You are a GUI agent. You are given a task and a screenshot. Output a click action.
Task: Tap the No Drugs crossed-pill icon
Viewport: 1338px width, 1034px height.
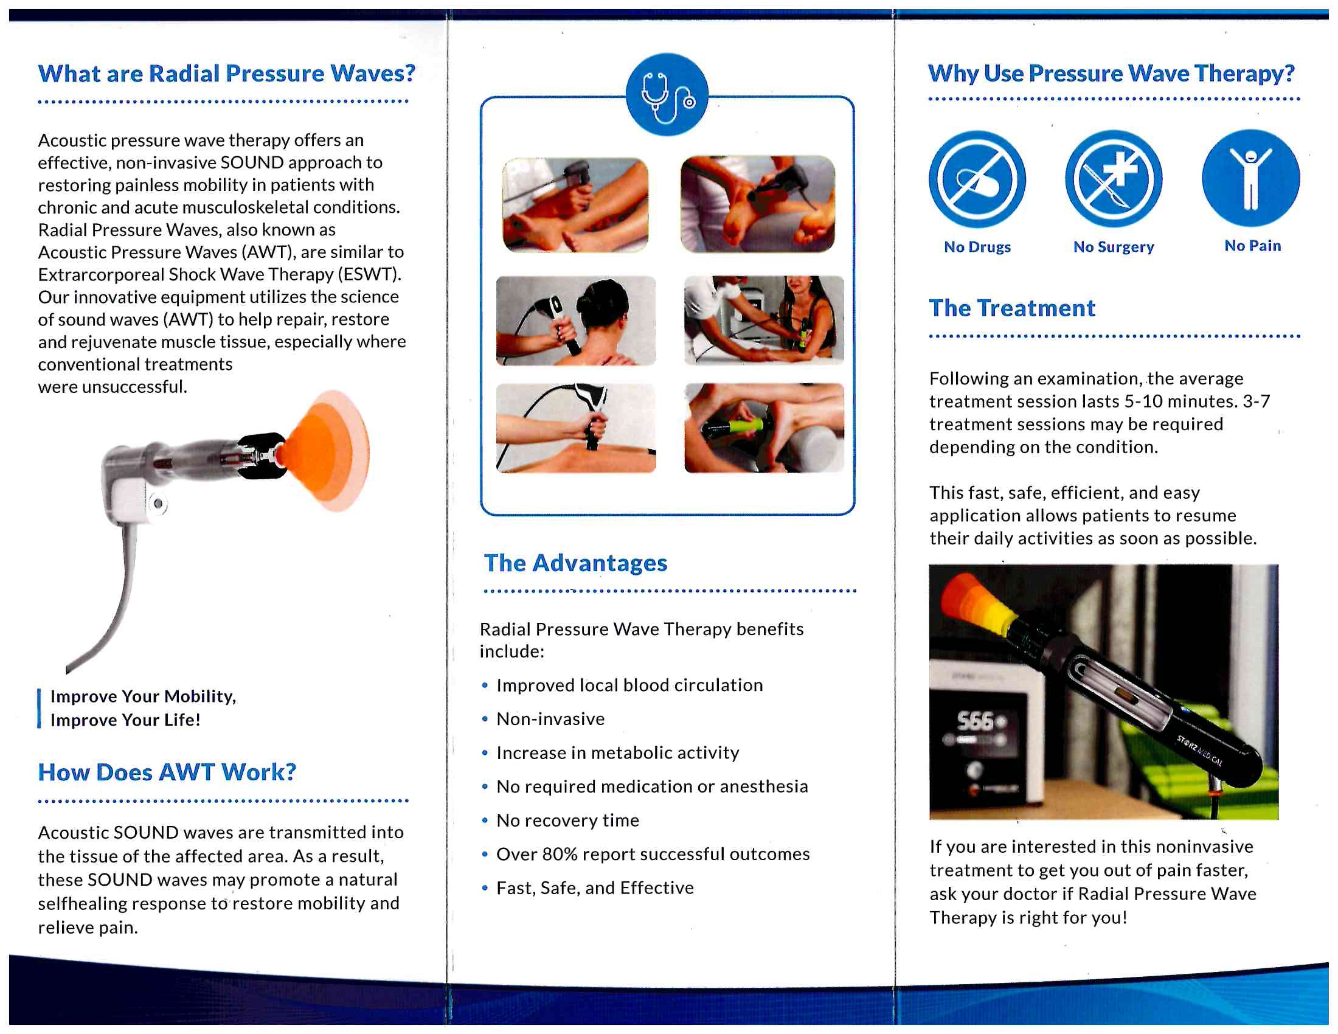[x=977, y=179]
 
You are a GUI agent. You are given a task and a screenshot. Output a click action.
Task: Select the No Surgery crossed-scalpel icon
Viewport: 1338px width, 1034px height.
[x=1112, y=179]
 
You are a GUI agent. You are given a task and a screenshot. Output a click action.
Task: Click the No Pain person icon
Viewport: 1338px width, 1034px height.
[x=1250, y=178]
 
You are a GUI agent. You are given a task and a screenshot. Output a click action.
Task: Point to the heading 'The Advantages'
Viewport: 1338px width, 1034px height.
[x=575, y=563]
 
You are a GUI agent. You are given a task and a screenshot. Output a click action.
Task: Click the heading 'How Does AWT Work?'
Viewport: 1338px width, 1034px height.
[x=167, y=772]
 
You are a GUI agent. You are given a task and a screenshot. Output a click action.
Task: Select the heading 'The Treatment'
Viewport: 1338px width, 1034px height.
[x=1011, y=308]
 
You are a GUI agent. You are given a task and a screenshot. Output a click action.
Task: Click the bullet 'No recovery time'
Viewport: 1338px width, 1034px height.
[x=567, y=821]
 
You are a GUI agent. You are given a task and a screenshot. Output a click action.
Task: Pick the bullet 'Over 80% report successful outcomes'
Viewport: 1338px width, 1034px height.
[x=653, y=854]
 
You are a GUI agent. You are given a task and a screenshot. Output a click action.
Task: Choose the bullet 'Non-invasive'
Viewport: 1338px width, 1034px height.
[x=550, y=718]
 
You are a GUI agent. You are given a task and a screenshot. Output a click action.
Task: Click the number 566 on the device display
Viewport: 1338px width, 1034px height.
[x=975, y=721]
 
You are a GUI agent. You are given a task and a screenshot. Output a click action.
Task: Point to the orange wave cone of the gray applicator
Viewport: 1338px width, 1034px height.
[x=328, y=451]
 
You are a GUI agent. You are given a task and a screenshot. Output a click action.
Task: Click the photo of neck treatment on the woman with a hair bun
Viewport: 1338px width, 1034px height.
[x=575, y=321]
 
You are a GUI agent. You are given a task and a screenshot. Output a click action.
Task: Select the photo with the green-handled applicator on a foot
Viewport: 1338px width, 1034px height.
[x=763, y=428]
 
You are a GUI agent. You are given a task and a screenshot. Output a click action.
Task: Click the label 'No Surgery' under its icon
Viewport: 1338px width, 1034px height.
[x=1112, y=247]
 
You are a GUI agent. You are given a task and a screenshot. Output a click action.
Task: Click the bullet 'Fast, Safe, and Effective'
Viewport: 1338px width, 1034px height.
[x=594, y=887]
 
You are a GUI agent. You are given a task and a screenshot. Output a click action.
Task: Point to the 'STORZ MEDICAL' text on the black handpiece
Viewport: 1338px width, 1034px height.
[x=1199, y=751]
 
